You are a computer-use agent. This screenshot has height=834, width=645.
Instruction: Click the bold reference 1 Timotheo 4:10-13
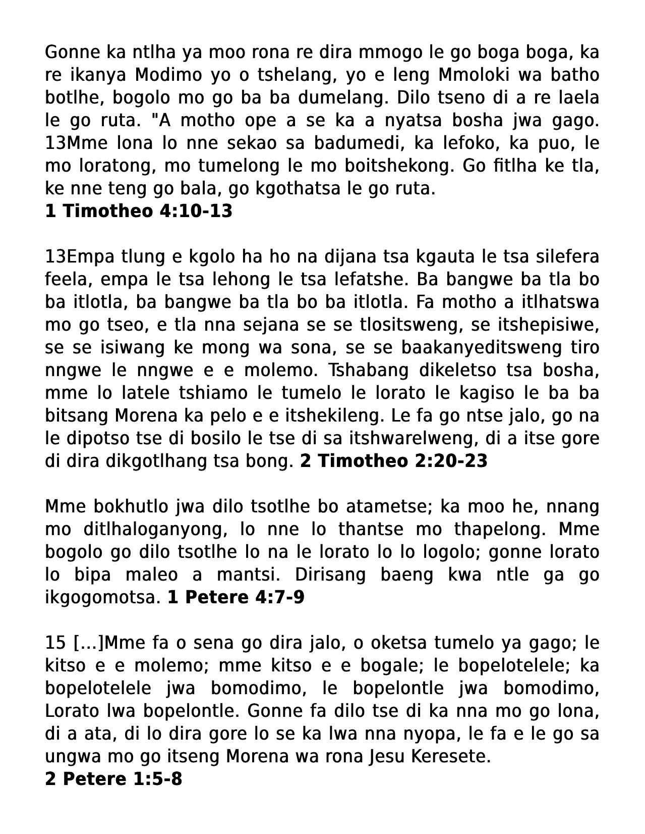139,211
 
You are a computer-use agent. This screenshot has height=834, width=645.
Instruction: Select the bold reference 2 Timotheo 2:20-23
394,461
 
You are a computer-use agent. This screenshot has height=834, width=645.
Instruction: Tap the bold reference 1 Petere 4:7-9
236,597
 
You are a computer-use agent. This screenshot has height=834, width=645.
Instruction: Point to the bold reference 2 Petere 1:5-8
113,779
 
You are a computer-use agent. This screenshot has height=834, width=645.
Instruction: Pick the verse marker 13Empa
80,256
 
